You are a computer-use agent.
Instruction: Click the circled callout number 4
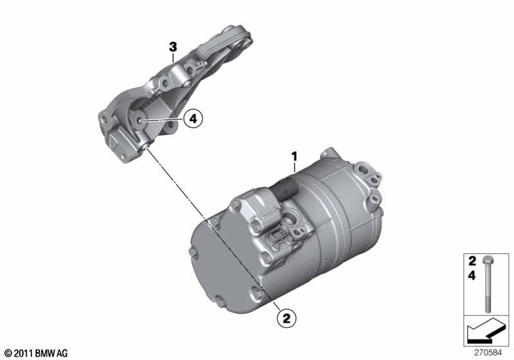click(193, 118)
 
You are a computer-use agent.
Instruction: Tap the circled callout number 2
click(287, 318)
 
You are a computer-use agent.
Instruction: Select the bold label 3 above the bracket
click(173, 47)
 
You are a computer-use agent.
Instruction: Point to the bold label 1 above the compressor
click(294, 156)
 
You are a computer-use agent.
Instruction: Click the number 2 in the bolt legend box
click(472, 261)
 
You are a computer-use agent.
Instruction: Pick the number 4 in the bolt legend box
click(472, 275)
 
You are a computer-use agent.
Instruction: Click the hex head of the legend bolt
click(488, 260)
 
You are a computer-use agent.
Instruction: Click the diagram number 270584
click(488, 353)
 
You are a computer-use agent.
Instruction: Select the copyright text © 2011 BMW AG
click(37, 353)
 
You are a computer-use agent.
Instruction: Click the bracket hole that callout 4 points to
click(139, 121)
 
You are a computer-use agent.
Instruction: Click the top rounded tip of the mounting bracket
click(240, 30)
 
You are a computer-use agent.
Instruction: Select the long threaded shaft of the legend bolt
click(488, 288)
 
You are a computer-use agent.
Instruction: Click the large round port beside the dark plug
click(290, 219)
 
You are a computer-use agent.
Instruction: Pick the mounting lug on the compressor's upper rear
click(328, 154)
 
